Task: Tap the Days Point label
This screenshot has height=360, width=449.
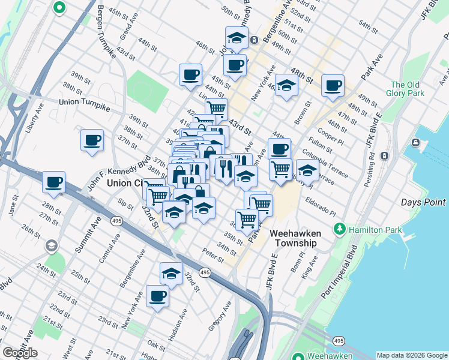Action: coord(423,202)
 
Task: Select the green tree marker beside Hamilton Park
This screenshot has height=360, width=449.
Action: coord(340,229)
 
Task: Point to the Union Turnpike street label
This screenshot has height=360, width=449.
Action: coord(85,103)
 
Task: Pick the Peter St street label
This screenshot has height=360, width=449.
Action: coord(212,255)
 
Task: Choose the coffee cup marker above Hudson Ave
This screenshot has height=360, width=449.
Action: coord(158,296)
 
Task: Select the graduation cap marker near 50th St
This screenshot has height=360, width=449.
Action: coord(237,37)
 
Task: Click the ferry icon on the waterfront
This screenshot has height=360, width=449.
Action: coord(415,142)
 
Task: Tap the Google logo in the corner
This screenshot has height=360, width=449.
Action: coord(20,353)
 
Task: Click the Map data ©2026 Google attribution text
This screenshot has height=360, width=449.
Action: coord(412,355)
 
